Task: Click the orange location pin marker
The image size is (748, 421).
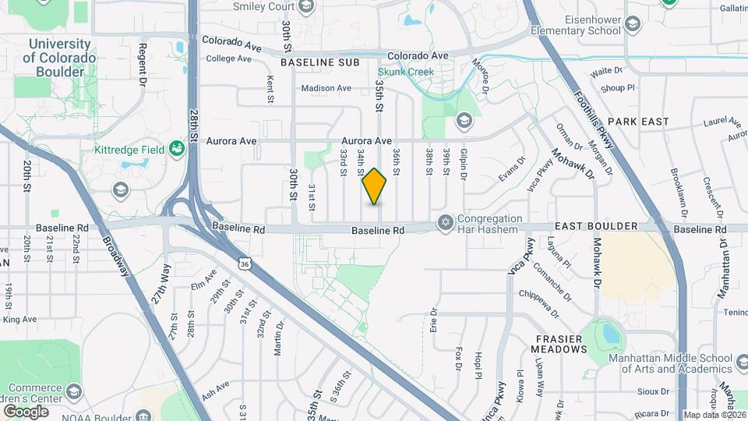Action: tap(375, 186)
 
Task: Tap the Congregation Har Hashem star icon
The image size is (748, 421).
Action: tap(446, 224)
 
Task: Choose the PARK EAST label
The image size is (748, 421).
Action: tap(638, 122)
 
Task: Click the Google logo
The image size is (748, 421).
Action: tap(26, 411)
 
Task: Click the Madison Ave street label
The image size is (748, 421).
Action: tap(326, 88)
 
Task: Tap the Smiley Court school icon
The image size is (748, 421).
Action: tap(305, 7)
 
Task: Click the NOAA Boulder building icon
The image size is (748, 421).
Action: tap(144, 415)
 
